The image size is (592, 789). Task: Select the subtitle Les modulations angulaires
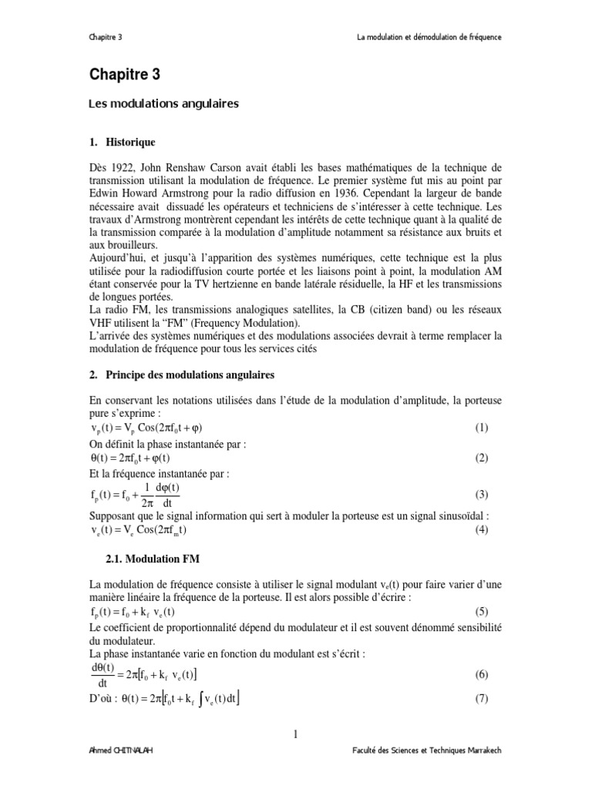pyautogui.click(x=162, y=104)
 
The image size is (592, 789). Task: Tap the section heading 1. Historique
pyautogui.click(x=123, y=143)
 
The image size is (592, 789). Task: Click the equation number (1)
pyautogui.click(x=482, y=428)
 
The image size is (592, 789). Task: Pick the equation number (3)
pyautogui.click(x=482, y=495)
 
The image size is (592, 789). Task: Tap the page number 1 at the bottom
pyautogui.click(x=295, y=734)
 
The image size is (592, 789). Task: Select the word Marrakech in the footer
pyautogui.click(x=480, y=773)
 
